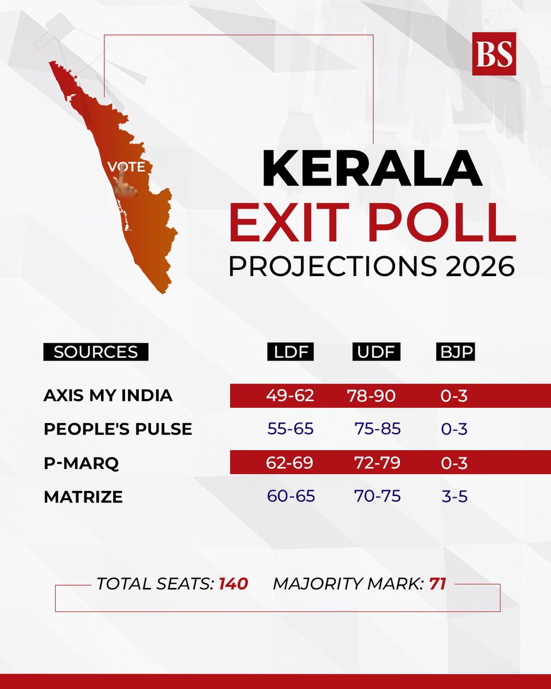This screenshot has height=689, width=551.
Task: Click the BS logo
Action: [494, 53]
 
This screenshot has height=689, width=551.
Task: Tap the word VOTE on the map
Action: [126, 167]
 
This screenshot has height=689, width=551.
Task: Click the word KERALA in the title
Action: [372, 168]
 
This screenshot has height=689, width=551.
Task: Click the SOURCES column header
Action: [95, 352]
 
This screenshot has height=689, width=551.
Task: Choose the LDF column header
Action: [290, 352]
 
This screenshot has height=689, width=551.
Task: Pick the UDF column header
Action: [376, 352]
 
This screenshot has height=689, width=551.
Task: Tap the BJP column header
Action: [455, 352]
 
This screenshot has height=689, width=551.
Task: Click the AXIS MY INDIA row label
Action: [108, 396]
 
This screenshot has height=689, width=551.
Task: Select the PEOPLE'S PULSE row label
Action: [118, 429]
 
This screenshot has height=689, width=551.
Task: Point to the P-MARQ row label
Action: [81, 463]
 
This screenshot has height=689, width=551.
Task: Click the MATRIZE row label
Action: [83, 496]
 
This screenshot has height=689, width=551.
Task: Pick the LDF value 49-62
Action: [290, 396]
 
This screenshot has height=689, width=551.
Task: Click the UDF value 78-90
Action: [371, 396]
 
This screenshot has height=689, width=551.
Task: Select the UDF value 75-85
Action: [377, 429]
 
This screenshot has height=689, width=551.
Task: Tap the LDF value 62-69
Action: [290, 463]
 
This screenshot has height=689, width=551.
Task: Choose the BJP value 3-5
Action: [455, 496]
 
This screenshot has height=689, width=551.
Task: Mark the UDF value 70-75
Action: [377, 496]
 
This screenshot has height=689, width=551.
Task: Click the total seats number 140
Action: [233, 584]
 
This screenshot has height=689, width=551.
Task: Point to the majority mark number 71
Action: [437, 584]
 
